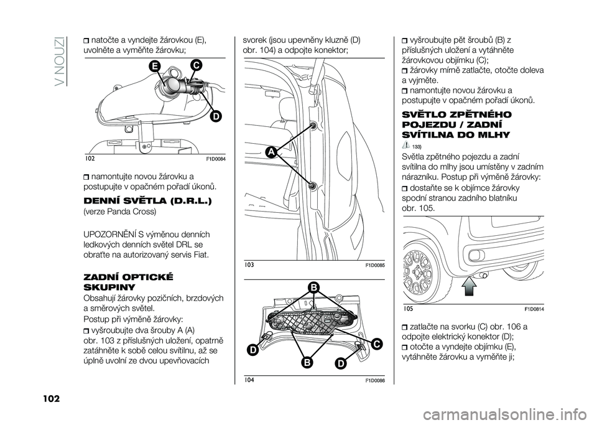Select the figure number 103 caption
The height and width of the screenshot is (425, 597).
[250, 264]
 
